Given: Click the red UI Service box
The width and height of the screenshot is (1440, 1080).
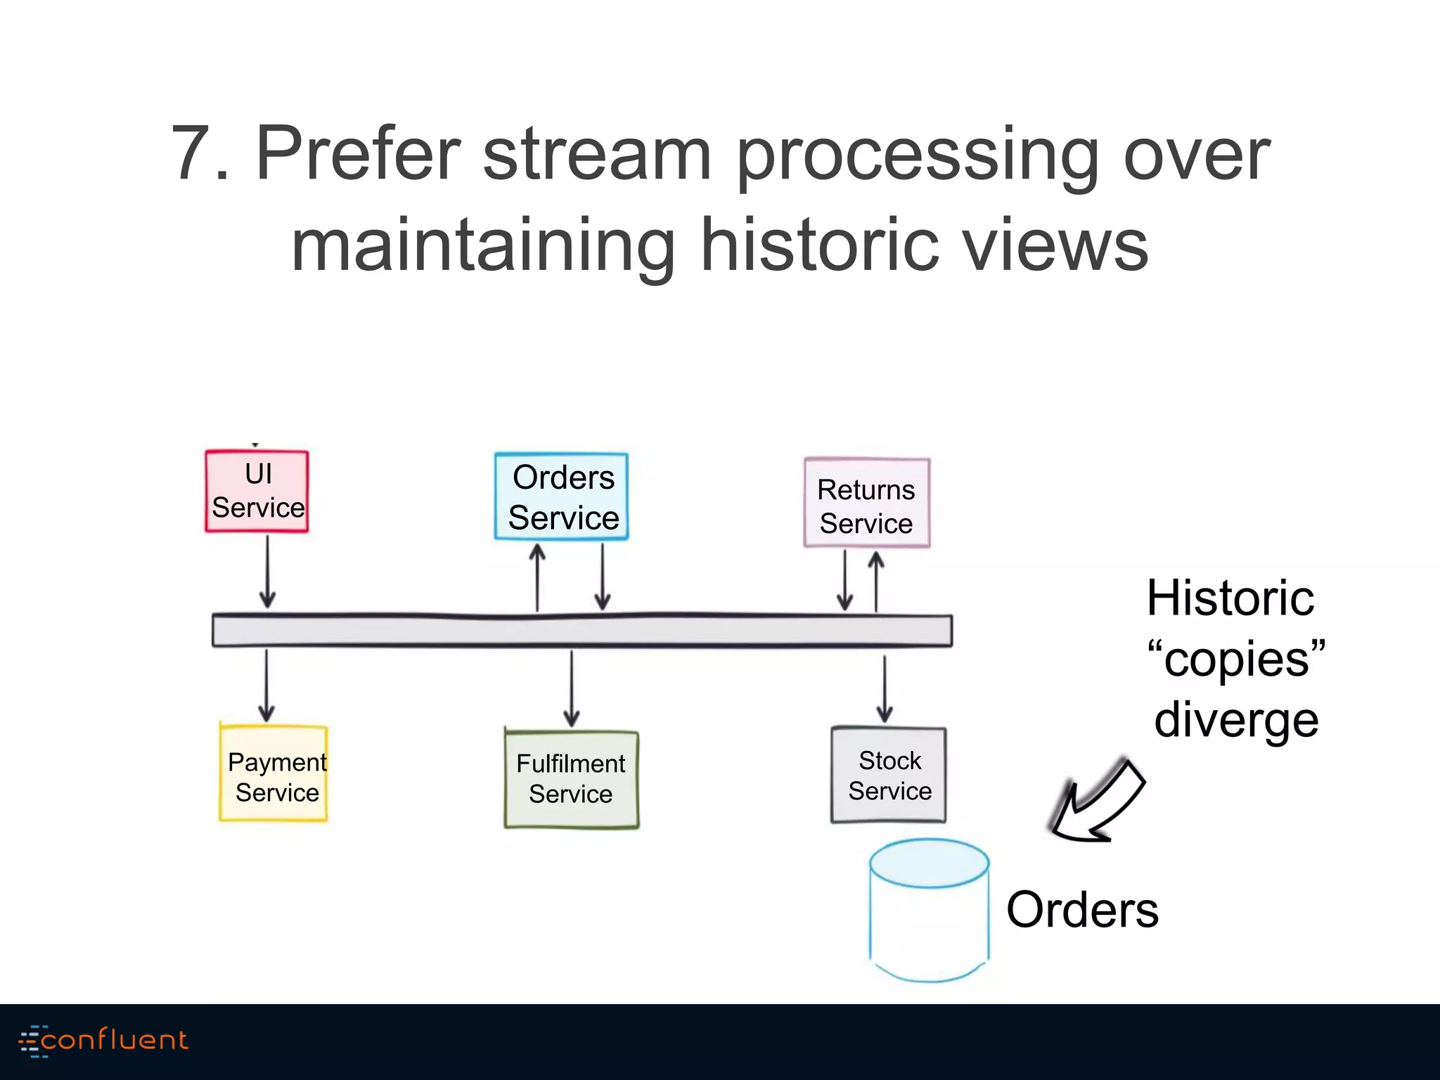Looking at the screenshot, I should click(257, 491).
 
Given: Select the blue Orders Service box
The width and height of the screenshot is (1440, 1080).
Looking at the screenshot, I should click(562, 496).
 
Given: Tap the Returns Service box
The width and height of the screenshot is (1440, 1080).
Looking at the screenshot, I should click(866, 503).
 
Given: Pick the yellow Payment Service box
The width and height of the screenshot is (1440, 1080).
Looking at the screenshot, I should click(274, 773).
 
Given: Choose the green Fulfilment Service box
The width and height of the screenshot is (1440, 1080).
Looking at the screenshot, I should click(571, 779).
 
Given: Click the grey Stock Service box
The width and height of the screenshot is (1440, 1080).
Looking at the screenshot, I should click(889, 775).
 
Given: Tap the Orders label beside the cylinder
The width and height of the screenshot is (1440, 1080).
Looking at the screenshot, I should click(1082, 910).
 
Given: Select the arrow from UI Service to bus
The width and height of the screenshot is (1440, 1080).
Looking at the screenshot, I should click(267, 571).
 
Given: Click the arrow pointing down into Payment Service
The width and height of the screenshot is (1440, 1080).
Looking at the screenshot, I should click(266, 686).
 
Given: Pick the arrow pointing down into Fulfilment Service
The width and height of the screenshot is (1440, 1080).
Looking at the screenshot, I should click(572, 688).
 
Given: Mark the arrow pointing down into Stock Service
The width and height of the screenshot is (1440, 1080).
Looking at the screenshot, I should click(885, 689).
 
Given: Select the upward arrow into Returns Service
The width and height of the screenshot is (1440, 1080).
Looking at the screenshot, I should click(876, 581).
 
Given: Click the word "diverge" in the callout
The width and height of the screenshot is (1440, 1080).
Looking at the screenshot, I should click(1236, 721).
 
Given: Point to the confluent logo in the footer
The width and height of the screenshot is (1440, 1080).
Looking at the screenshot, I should click(103, 1041).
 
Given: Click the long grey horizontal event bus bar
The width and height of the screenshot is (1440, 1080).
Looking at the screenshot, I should click(581, 631).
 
